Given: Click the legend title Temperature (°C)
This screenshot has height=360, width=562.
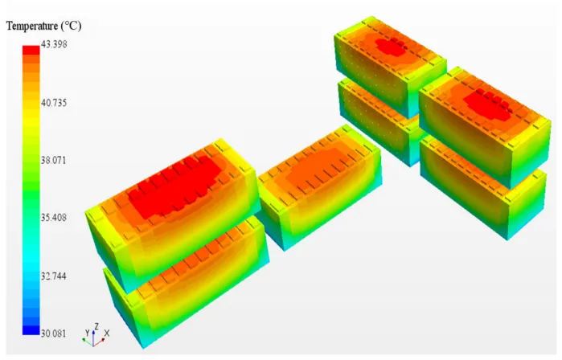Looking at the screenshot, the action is (43, 27).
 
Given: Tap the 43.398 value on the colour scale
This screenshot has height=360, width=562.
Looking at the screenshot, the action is (54, 44).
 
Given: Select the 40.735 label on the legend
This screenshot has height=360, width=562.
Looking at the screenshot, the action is (54, 103).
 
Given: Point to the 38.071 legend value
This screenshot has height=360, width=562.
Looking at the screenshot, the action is (54, 160).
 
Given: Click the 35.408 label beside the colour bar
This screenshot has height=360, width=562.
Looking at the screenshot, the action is (54, 218).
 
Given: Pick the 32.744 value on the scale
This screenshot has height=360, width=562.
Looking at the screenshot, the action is (54, 276).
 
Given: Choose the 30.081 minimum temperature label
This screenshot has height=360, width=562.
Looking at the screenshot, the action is (54, 333).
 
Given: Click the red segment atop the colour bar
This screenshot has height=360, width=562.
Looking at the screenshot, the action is (31, 50).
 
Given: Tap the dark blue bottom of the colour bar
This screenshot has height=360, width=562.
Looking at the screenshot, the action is (31, 330).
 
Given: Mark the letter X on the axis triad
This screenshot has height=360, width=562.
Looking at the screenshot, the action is (106, 333).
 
